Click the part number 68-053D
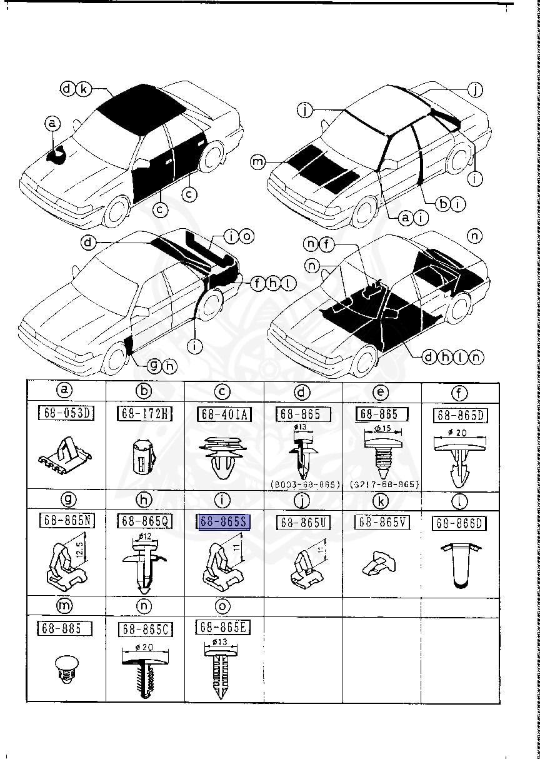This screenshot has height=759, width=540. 66,414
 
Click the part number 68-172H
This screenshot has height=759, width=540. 144,414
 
